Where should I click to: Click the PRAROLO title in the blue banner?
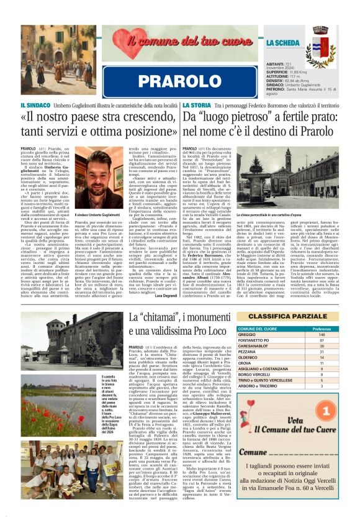179,82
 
